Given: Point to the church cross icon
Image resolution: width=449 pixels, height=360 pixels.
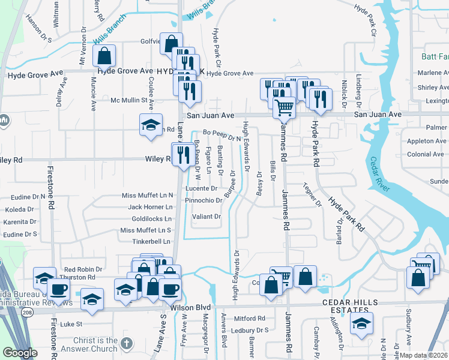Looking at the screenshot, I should (125, 344).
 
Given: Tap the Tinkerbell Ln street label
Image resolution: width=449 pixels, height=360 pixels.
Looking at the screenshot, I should (151, 241).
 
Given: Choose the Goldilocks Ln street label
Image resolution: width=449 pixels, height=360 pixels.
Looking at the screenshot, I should (151, 218).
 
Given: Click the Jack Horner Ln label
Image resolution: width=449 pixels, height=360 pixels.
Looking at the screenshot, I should (150, 207).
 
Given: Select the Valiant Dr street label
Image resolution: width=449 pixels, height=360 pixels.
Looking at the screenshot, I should (207, 217).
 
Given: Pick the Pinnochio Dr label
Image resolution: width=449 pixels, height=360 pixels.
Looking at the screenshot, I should (203, 200).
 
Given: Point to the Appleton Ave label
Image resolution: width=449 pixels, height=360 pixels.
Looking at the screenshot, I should (426, 141).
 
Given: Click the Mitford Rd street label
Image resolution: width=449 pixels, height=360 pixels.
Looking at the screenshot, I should (250, 319).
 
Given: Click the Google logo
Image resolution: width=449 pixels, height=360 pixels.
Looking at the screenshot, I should (20, 353).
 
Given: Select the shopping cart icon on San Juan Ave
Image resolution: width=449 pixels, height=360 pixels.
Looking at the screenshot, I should (284, 108).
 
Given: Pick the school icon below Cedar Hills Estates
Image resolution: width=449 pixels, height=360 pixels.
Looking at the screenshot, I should (361, 323).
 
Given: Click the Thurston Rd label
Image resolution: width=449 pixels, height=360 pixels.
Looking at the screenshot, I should (79, 278).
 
